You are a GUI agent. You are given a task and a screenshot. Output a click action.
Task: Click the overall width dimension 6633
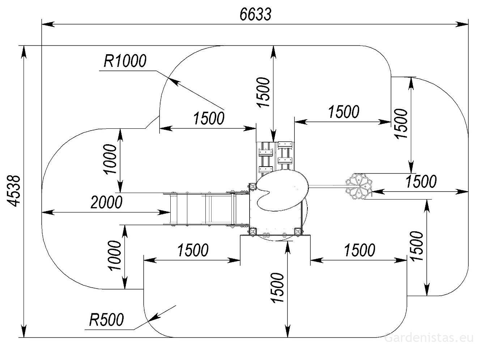(x=255, y=14)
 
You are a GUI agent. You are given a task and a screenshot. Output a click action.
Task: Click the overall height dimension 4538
(x=14, y=191)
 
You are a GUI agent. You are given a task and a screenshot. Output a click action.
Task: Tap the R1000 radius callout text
(x=125, y=61)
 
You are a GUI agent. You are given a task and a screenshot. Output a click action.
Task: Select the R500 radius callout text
(x=106, y=320)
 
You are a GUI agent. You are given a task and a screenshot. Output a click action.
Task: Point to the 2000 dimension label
(x=106, y=202)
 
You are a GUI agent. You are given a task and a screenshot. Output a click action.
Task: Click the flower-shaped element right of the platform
(x=359, y=187)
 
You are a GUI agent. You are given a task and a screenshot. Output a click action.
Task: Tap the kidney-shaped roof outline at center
(x=282, y=190)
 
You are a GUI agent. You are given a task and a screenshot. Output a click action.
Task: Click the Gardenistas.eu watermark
(x=429, y=338)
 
